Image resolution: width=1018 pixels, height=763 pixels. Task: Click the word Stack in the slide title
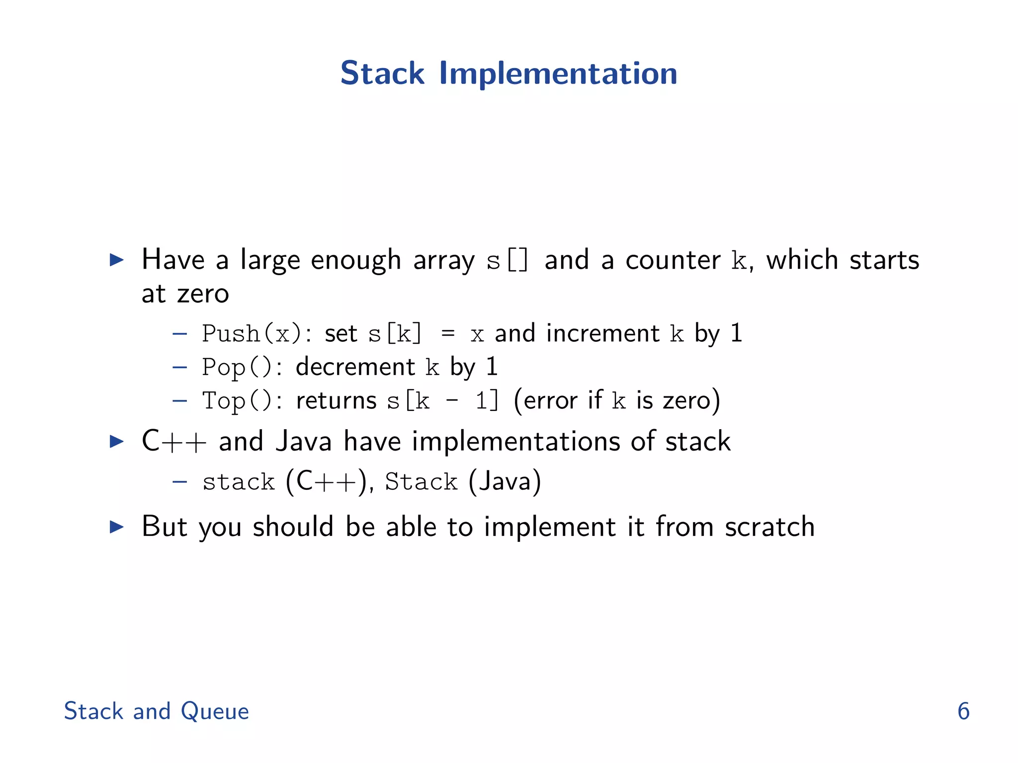tap(382, 74)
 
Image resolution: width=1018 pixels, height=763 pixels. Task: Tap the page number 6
tap(963, 711)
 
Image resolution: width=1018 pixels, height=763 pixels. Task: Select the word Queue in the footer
tap(214, 711)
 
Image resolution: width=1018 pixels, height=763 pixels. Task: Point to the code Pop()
tap(237, 368)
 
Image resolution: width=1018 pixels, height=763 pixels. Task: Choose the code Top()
tap(237, 401)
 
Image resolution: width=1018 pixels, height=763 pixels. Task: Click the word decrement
tap(355, 367)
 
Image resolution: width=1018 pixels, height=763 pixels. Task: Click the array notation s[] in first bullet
tap(507, 260)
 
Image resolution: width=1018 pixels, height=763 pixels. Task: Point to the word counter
tap(673, 260)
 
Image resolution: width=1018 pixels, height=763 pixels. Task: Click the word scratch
tap(769, 527)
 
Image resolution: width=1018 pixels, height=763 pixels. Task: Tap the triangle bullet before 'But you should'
tap(116, 527)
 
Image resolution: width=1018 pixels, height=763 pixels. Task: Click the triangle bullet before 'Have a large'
tap(116, 260)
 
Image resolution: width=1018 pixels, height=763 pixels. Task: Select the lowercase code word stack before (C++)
tap(239, 482)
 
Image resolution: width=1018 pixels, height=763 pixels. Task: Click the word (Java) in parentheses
tap(505, 482)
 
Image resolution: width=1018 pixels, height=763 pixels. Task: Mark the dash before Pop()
tap(179, 368)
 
